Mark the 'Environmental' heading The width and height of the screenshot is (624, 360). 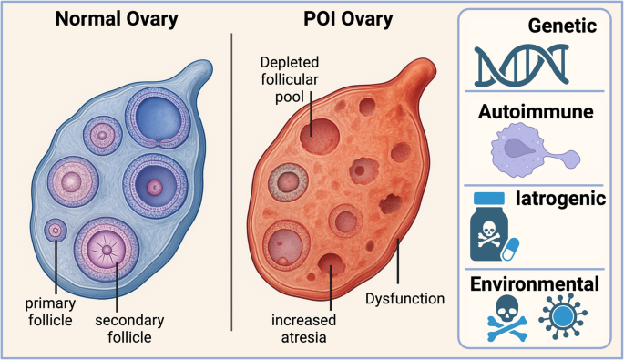[x=534, y=283]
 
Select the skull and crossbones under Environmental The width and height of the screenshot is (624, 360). [x=498, y=319]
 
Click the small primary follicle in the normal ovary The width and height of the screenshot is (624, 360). [x=56, y=231]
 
